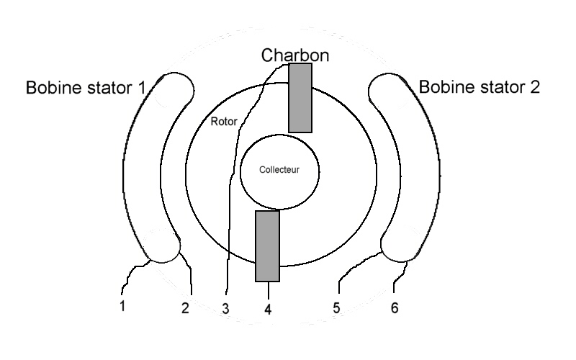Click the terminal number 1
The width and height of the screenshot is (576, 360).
[122, 306]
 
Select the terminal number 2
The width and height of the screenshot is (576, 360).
[185, 309]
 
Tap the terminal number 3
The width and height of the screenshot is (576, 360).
[225, 310]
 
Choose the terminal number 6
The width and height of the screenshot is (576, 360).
[394, 308]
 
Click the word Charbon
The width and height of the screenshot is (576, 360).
[295, 55]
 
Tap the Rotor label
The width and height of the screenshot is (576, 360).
[223, 120]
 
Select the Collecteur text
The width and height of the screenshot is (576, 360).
[279, 171]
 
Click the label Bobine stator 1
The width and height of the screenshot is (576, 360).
[86, 88]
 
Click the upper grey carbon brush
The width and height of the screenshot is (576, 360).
[300, 98]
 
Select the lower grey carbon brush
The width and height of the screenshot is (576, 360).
[267, 246]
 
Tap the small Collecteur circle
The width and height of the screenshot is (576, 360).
[279, 187]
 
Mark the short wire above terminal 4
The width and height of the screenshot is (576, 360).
[269, 289]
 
